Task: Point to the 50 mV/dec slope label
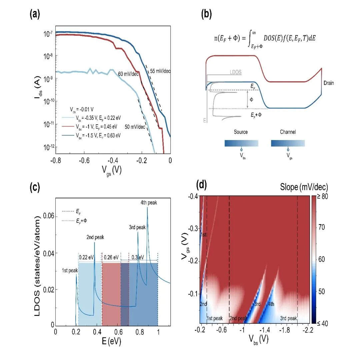click(135, 127)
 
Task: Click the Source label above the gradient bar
click(241, 132)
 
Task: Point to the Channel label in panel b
click(288, 132)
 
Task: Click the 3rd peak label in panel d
click(288, 318)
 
